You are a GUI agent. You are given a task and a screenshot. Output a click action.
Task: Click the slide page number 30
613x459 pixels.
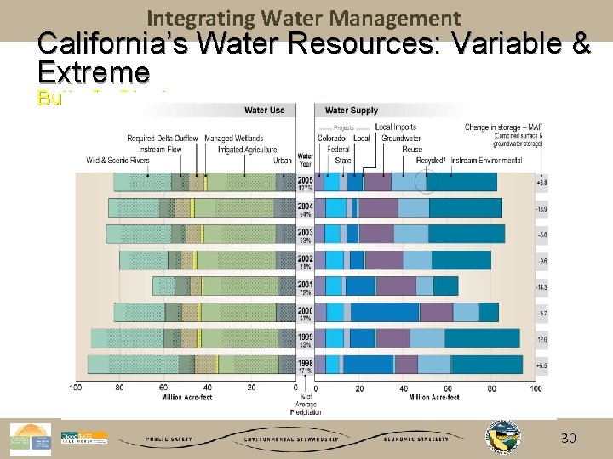click(568, 438)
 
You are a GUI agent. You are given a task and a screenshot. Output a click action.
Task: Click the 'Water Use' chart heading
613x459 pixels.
click(264, 110)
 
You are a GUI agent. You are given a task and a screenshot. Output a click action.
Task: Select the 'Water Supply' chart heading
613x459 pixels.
click(352, 110)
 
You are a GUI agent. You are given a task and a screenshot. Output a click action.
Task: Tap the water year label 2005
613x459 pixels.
click(305, 180)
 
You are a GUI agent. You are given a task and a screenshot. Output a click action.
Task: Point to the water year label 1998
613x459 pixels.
click(305, 363)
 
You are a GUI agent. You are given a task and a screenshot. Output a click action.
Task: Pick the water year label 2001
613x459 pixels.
click(305, 285)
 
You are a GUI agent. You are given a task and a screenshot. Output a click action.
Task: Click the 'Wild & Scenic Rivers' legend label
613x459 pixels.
click(117, 161)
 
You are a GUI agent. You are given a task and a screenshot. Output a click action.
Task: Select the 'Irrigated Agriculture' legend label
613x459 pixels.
click(247, 150)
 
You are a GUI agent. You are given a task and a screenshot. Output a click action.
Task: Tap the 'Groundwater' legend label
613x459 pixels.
click(400, 139)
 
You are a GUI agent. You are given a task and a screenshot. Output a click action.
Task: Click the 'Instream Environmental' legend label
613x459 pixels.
click(486, 161)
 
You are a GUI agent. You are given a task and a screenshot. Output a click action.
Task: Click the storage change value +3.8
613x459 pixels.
click(541, 183)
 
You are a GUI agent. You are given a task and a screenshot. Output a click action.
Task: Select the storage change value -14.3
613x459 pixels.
click(541, 287)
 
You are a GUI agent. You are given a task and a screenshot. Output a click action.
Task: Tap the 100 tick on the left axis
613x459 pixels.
click(76, 388)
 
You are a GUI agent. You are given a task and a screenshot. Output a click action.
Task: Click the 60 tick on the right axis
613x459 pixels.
click(448, 388)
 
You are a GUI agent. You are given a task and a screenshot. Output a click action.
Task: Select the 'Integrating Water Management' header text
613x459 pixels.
click(304, 18)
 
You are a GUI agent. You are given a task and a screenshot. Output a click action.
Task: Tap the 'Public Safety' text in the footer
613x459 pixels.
click(169, 439)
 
